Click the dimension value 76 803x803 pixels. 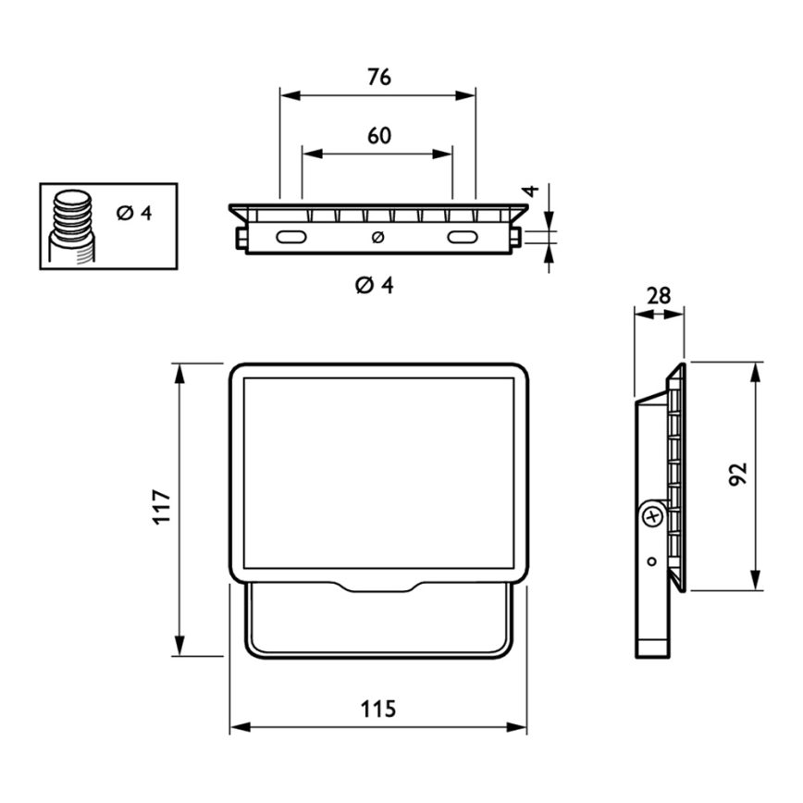(x=379, y=77)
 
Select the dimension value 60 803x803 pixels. (x=379, y=136)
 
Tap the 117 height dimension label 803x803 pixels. (x=162, y=506)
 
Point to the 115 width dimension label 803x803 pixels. (x=378, y=710)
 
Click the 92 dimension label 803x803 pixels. (x=738, y=475)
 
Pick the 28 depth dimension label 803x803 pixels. (x=659, y=295)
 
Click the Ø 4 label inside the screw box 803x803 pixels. (x=134, y=213)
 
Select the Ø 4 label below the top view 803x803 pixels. (x=375, y=285)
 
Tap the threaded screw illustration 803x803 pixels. (x=72, y=227)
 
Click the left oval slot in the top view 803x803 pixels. (x=291, y=237)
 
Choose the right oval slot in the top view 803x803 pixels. (x=463, y=237)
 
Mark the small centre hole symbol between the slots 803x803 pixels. (x=378, y=237)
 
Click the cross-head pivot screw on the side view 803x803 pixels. (x=653, y=517)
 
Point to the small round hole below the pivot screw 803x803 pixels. (x=652, y=562)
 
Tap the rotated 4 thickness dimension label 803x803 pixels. (x=533, y=191)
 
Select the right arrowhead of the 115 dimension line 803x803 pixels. (x=516, y=727)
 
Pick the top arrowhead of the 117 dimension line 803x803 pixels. (x=179, y=374)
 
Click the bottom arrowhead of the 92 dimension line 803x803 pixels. (x=756, y=580)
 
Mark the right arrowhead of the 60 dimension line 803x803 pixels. (x=442, y=154)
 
